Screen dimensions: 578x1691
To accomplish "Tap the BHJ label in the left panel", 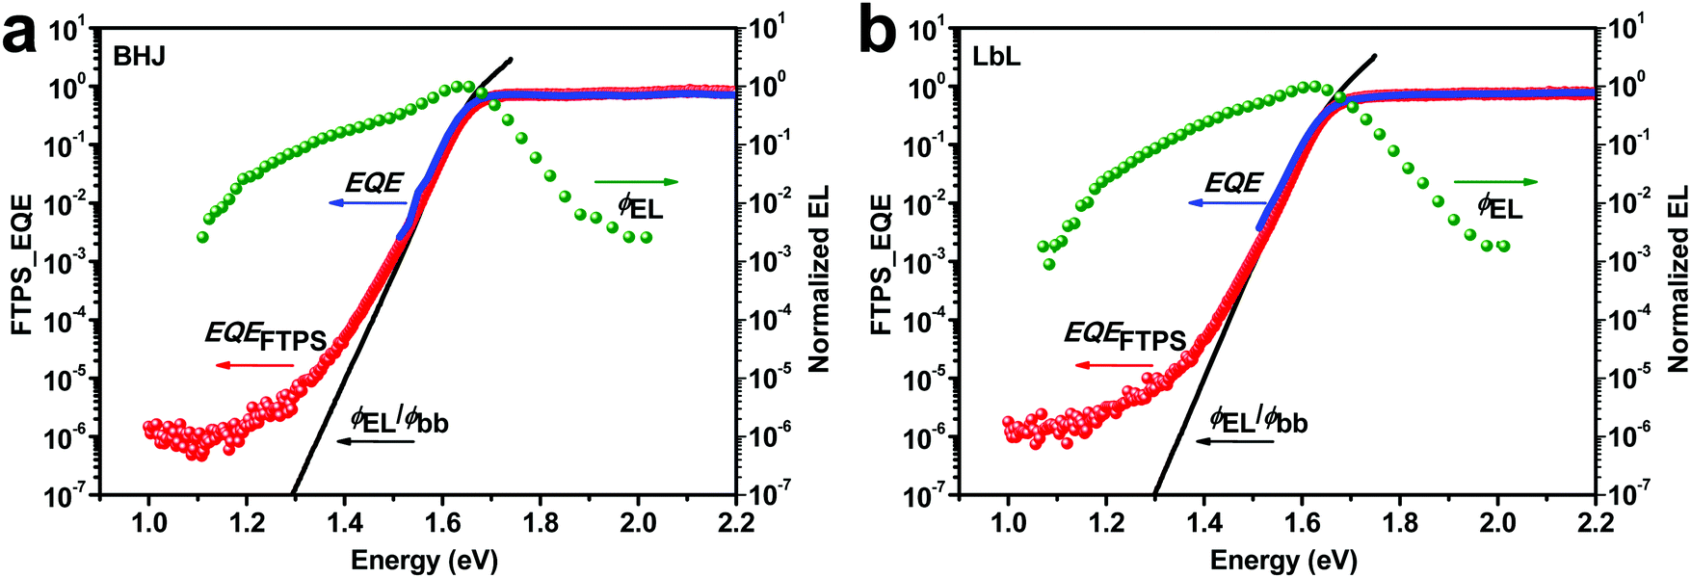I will (x=140, y=56).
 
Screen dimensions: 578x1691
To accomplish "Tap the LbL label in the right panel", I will (x=996, y=56).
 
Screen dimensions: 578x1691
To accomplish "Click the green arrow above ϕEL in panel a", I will (x=636, y=181).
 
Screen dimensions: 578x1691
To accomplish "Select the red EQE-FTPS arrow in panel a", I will (x=254, y=365).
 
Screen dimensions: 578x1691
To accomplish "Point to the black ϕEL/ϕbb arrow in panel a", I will (x=376, y=441).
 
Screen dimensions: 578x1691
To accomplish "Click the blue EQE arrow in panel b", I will (x=1225, y=203).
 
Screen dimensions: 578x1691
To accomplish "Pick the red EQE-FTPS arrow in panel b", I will (x=1114, y=365).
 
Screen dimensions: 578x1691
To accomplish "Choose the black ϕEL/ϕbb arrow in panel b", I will (x=1235, y=441).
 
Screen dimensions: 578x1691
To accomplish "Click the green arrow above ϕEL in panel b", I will (x=1495, y=181).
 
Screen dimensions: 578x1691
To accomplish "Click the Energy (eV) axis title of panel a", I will (x=424, y=560).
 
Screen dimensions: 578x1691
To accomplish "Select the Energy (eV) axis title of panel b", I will (x=1283, y=560).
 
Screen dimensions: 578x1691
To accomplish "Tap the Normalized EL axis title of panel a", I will (x=819, y=279).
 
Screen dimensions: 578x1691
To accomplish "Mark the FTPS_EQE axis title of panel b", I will (x=881, y=264).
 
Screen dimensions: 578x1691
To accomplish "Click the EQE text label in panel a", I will (x=375, y=183).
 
